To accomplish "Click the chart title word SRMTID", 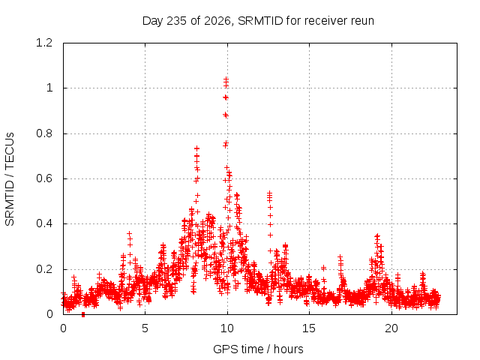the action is (x=260, y=21).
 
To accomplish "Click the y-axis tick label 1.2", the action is (x=44, y=43).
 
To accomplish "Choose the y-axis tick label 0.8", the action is (x=44, y=133).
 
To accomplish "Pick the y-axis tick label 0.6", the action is (x=44, y=178).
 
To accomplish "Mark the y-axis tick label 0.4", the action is (x=44, y=223).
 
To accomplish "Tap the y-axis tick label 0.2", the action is (x=44, y=269).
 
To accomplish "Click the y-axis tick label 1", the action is (x=49, y=88).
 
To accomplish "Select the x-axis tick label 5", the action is (x=145, y=328).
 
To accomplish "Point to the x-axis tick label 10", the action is (x=227, y=328).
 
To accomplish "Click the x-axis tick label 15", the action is (x=309, y=328).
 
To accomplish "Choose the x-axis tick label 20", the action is (x=391, y=328).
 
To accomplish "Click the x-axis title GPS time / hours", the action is (x=258, y=349).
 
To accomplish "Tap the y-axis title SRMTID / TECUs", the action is (x=10, y=179).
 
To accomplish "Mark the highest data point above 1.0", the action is (x=226, y=79).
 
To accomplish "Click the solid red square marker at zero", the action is (x=83, y=315).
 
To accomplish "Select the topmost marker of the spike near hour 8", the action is (x=196, y=148).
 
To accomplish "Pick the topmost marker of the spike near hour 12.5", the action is (x=270, y=193).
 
